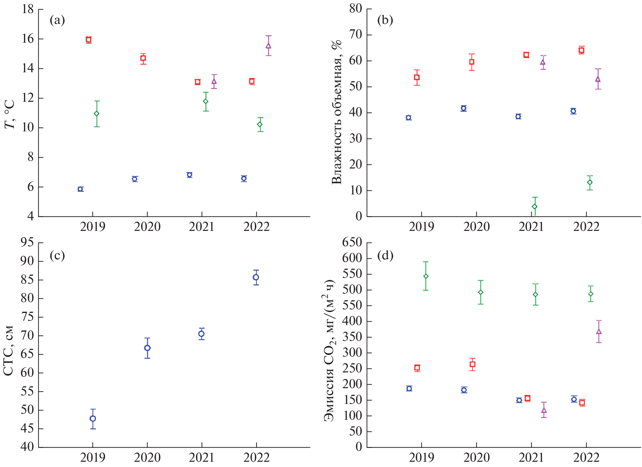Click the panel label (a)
tap(57, 20)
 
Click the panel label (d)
tap(385, 256)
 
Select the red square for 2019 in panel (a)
tap(88, 40)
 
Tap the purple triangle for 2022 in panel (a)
tap(268, 46)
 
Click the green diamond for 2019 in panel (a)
tap(97, 114)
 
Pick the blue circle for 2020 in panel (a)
tap(135, 179)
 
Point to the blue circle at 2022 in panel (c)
tap(256, 277)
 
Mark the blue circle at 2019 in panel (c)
tap(93, 418)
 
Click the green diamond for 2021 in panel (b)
tap(535, 207)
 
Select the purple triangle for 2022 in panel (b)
tap(598, 79)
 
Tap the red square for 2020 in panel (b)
tap(472, 62)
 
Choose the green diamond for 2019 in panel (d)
tap(426, 276)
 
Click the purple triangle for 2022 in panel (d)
tap(599, 332)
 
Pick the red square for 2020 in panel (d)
tap(472, 364)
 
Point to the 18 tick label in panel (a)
tap(28, 9)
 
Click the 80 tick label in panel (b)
tap(356, 9)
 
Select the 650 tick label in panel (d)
tap(352, 242)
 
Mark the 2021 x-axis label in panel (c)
tap(201, 457)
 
